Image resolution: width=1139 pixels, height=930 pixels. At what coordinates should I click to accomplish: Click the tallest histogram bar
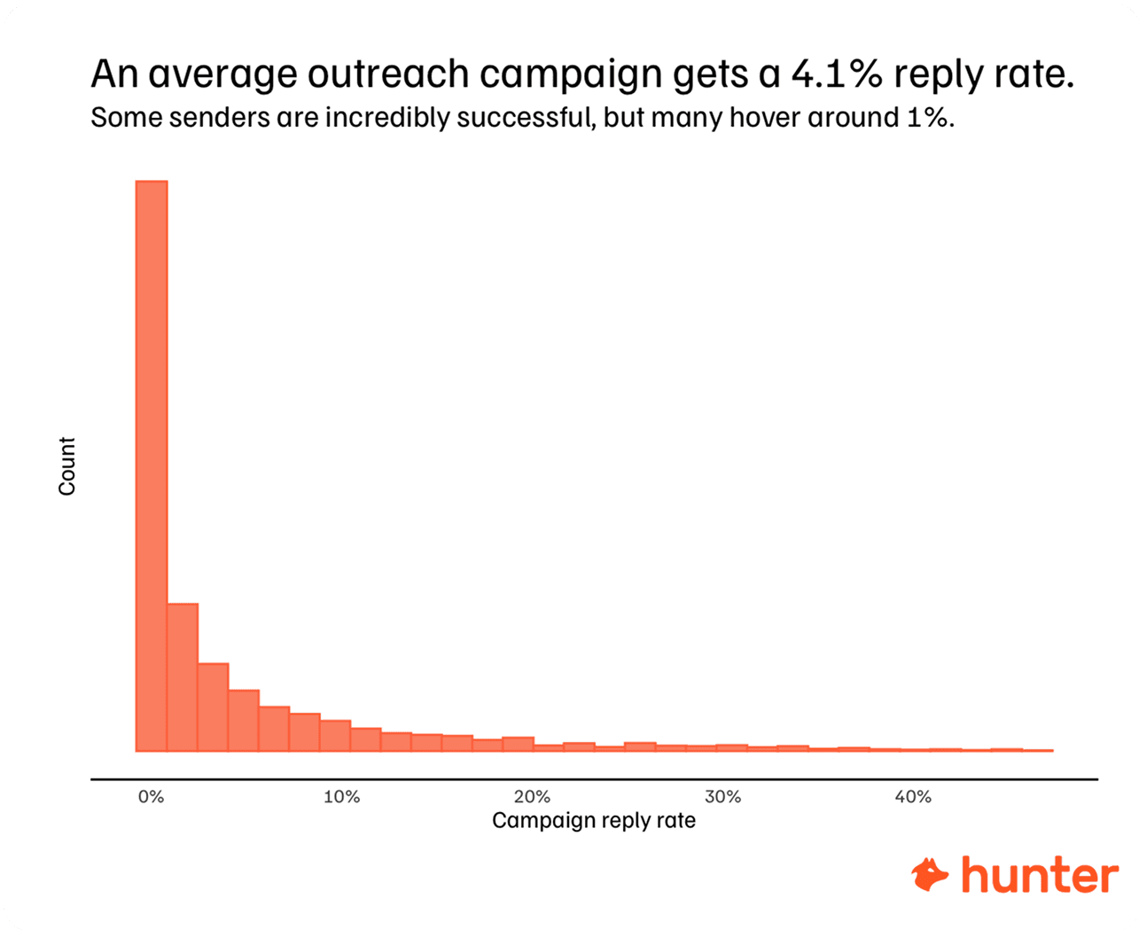[151, 465]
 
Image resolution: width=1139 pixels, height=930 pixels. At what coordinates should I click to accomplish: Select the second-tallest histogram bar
[182, 677]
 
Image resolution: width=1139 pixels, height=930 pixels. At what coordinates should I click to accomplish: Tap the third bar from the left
[213, 707]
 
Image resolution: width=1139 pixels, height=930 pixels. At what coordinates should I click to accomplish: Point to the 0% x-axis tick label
[151, 797]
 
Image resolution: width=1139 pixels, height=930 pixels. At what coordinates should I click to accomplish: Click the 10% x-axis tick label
[341, 797]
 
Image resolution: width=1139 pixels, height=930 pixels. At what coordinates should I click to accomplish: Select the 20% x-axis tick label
[532, 797]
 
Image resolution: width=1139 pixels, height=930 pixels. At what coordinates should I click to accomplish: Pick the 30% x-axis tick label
[722, 797]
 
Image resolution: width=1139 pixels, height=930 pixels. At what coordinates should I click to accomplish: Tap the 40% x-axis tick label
[913, 797]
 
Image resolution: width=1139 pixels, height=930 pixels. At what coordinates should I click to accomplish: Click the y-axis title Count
[67, 466]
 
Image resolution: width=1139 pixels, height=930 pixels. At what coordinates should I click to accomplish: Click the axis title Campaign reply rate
[594, 821]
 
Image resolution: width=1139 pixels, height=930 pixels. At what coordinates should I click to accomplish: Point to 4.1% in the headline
[837, 74]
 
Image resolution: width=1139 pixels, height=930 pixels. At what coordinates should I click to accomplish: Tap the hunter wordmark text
[1040, 875]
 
